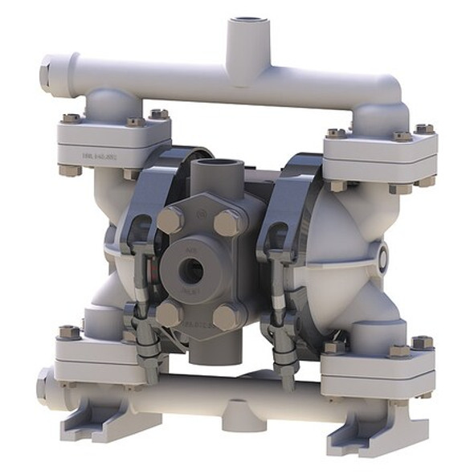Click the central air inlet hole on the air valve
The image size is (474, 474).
[192, 271]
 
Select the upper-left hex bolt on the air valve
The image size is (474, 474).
[170, 219]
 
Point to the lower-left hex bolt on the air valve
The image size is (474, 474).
[169, 313]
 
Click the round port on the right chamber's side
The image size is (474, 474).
[383, 258]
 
